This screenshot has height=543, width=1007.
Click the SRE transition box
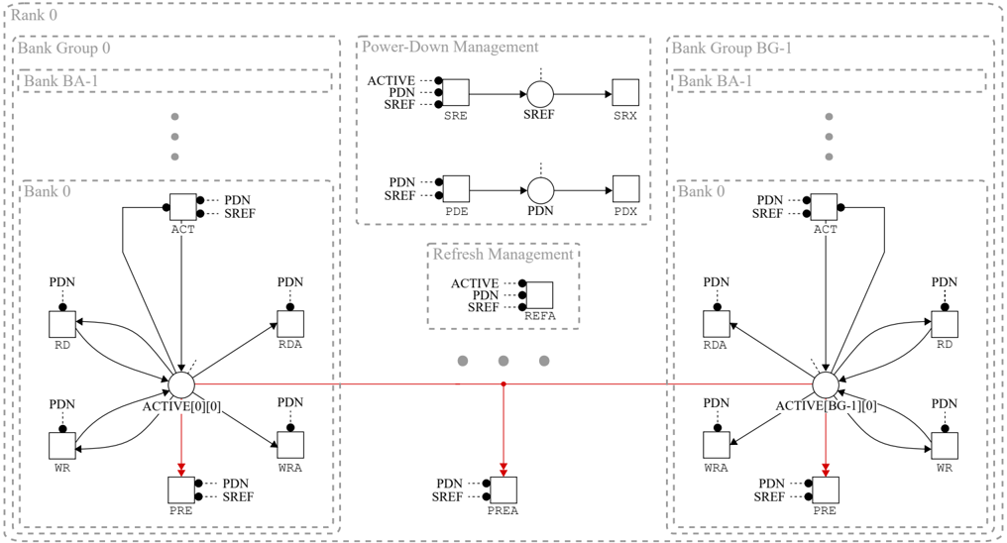tap(455, 93)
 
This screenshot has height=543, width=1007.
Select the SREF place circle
tap(540, 94)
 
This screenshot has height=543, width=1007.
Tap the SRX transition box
tap(625, 93)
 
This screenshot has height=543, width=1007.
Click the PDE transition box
tap(455, 188)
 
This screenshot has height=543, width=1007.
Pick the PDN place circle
tap(540, 189)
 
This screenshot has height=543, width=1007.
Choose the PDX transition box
tap(625, 188)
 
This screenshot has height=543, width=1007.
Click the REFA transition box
tap(539, 295)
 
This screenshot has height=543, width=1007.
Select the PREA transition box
tap(503, 489)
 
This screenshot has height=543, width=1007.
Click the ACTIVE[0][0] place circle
tap(181, 384)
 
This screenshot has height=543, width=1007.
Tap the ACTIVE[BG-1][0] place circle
tap(825, 384)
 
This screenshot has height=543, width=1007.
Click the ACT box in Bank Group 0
tap(183, 207)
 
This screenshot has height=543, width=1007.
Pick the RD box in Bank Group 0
tap(62, 324)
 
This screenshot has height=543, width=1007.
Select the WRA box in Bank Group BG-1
tap(717, 445)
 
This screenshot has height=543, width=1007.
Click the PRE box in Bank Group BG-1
tap(826, 489)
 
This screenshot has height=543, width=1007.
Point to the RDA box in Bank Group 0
tap(290, 324)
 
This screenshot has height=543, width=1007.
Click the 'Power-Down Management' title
tap(450, 47)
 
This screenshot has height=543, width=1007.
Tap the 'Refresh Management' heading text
tap(503, 255)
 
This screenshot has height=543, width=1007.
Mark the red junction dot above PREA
tap(503, 383)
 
